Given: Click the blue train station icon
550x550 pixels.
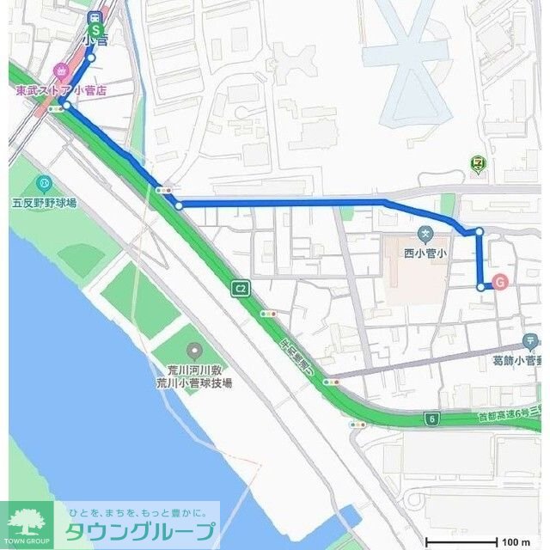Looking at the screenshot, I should click(95, 16).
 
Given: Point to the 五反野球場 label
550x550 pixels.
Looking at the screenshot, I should click(45, 203).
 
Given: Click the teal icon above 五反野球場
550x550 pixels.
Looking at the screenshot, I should click(45, 183).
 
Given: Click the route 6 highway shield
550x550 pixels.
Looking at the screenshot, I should click(431, 419).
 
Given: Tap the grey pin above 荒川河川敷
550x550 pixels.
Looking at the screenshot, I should click(193, 350).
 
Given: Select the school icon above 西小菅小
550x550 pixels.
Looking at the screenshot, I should click(425, 233).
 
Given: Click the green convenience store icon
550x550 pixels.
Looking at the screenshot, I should click(478, 162).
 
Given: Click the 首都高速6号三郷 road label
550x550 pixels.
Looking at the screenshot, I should click(513, 417).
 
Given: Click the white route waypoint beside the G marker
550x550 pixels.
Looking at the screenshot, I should click(480, 286).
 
